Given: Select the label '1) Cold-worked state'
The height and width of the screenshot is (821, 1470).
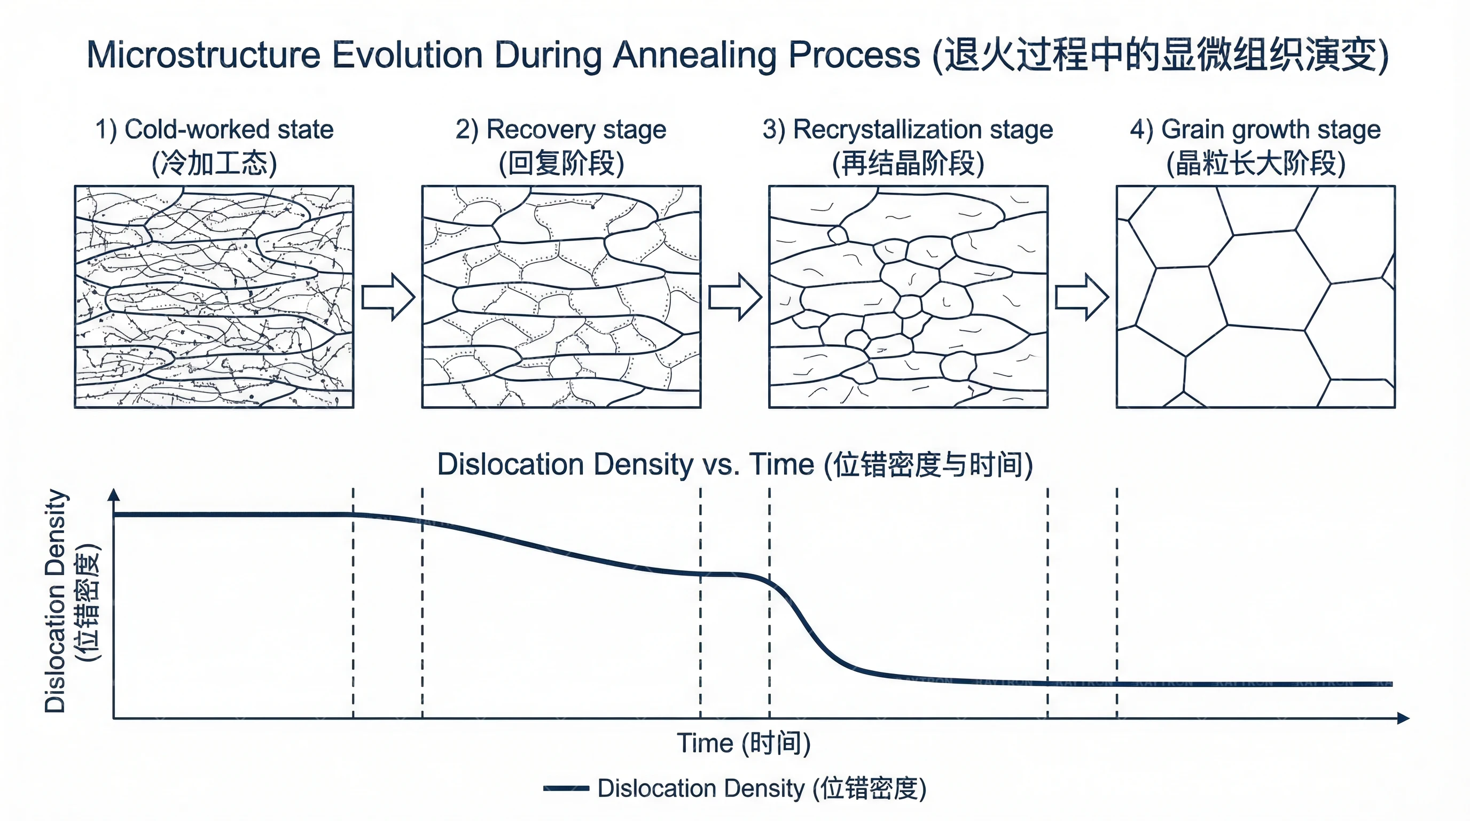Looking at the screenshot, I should click(x=214, y=129).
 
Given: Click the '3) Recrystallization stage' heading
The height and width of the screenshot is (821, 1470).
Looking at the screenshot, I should click(x=908, y=129).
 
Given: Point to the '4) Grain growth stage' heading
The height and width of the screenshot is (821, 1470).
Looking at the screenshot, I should click(x=1255, y=129).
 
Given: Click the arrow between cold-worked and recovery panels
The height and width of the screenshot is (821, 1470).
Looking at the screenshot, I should click(x=388, y=297).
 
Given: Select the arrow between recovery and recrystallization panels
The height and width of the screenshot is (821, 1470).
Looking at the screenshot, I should click(x=735, y=297).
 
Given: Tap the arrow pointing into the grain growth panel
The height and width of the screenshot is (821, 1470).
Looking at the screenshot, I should click(x=1082, y=297).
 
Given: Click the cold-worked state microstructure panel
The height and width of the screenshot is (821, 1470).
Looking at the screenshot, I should click(x=214, y=297).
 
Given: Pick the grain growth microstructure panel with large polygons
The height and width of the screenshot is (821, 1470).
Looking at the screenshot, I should click(x=1255, y=297).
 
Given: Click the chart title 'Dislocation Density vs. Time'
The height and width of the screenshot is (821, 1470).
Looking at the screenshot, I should click(x=734, y=464).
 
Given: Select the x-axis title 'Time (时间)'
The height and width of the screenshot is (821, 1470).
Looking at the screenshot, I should click(x=744, y=743).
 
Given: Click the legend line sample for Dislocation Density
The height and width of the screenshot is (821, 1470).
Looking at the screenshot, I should click(x=566, y=788).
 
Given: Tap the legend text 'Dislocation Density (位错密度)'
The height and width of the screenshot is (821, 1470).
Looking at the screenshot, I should click(x=762, y=788).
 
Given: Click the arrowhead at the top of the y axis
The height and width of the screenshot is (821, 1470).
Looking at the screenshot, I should click(x=114, y=494).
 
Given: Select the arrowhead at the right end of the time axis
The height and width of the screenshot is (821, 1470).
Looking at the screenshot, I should click(x=1403, y=718).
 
